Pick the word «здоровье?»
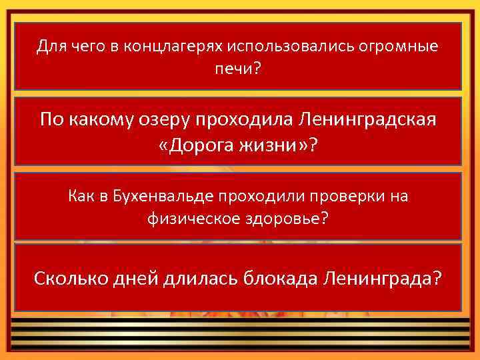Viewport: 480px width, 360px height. click(287, 219)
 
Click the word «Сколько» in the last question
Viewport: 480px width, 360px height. click(69, 277)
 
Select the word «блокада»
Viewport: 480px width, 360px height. click(277, 277)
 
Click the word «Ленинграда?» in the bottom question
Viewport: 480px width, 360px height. click(382, 277)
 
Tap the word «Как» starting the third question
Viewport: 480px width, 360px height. click(81, 196)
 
